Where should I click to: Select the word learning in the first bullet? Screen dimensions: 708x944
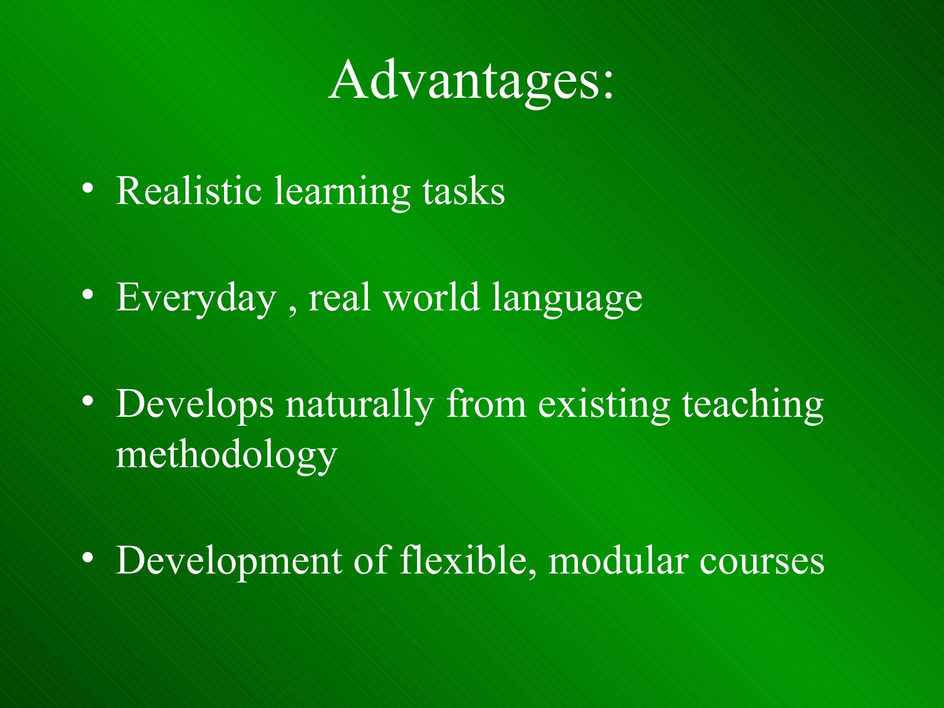coord(342,193)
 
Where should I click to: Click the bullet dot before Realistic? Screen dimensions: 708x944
coord(88,189)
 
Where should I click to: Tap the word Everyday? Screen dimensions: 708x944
coord(196,299)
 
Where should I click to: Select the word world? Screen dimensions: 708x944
coord(432,297)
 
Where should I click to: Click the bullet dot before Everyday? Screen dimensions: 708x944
coord(88,295)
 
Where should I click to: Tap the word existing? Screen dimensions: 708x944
coord(604,406)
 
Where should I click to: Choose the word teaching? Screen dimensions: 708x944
coord(752,406)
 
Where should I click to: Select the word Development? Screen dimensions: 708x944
coord(229,561)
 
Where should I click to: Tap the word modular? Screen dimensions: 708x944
coord(619,561)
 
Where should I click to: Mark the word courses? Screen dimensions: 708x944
coord(761,562)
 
